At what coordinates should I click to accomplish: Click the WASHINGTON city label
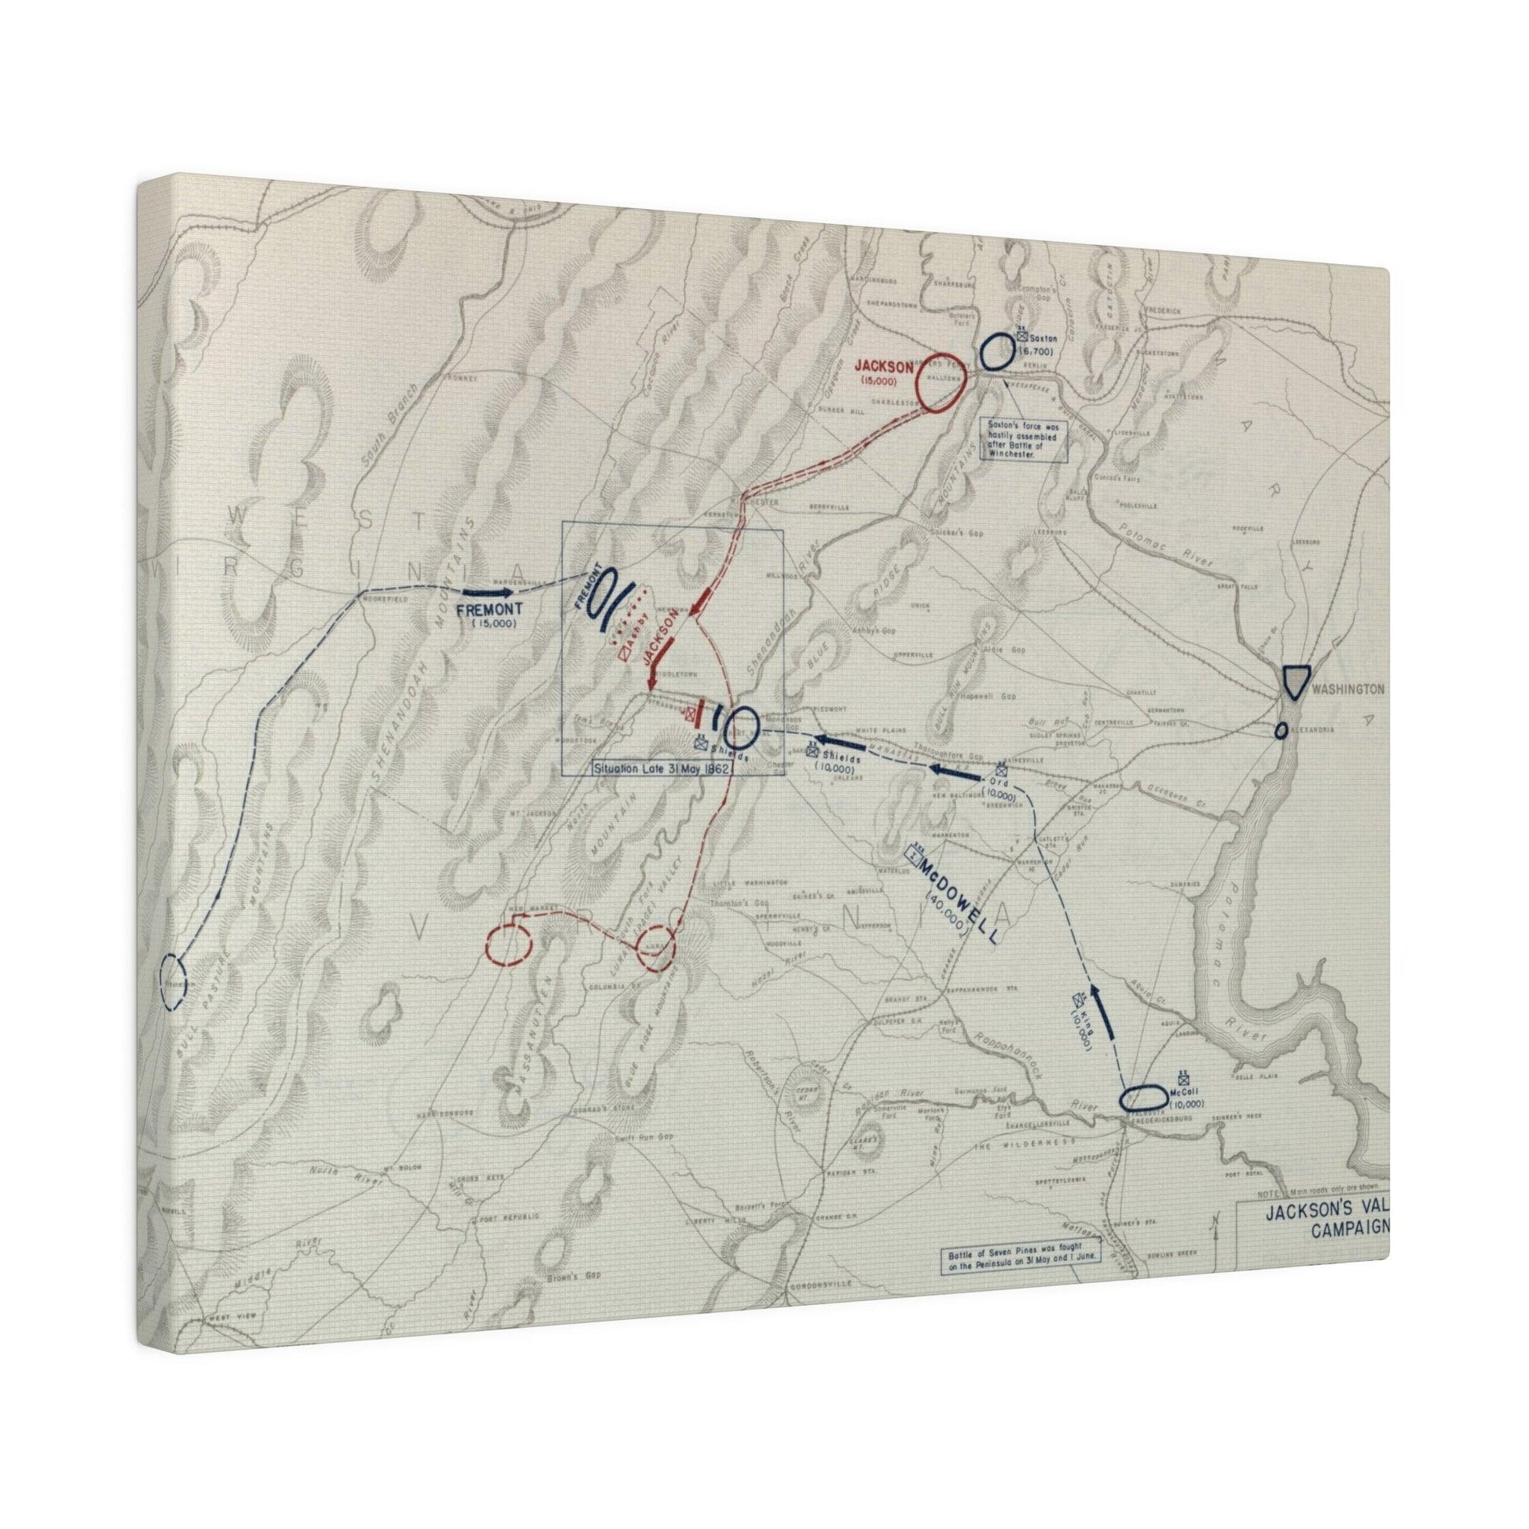point(1348,689)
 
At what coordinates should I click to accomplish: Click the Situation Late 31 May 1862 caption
point(661,768)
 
